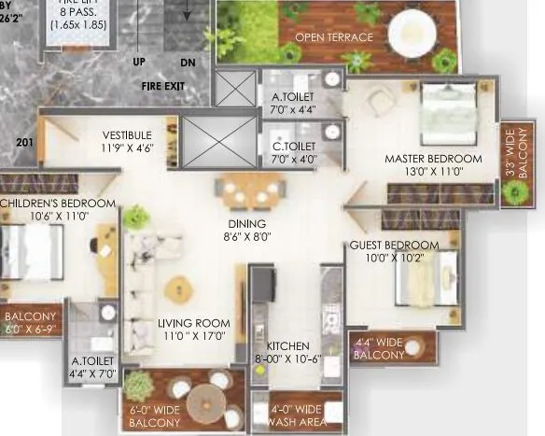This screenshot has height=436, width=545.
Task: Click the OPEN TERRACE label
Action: (x=333, y=37)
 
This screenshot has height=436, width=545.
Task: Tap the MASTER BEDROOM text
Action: (x=433, y=159)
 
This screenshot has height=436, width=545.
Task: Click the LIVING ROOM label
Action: (x=193, y=323)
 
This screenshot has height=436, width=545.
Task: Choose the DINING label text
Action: (x=247, y=224)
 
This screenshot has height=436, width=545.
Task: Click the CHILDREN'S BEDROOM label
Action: (x=58, y=204)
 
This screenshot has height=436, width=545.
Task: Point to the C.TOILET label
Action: (x=294, y=146)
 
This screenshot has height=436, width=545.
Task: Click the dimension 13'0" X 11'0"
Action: (x=433, y=172)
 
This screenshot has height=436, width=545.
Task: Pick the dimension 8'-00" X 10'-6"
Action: (x=287, y=358)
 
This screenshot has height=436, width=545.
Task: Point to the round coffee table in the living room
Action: (x=174, y=287)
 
